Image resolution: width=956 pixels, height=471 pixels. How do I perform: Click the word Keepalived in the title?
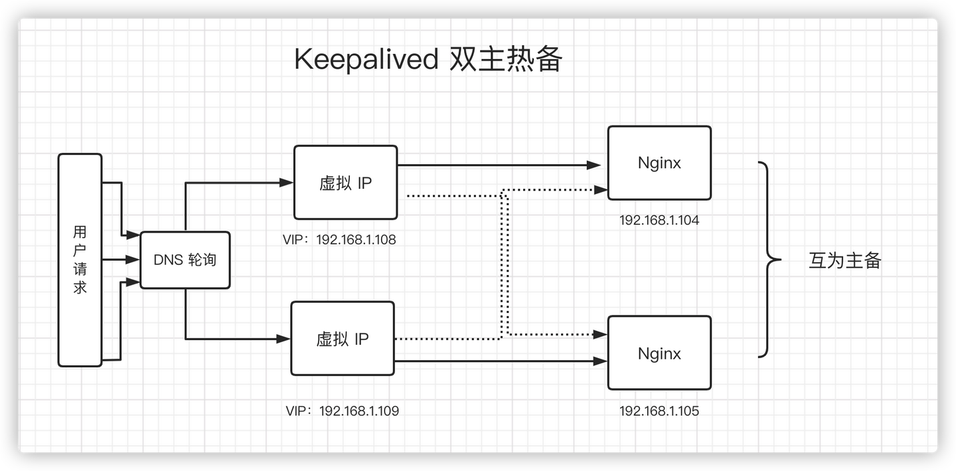tap(366, 60)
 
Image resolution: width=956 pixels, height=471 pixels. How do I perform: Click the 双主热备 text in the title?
tap(506, 60)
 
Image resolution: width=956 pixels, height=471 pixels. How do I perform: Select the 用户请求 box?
tap(80, 260)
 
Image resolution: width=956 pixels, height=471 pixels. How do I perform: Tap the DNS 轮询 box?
tap(185, 260)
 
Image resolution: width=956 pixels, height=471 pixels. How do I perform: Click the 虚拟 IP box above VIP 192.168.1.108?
tap(345, 183)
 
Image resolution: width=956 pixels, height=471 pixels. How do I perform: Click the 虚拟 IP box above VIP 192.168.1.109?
tap(343, 339)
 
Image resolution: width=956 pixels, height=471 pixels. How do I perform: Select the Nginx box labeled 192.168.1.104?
tap(659, 163)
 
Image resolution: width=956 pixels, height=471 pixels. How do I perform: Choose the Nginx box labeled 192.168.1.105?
tap(659, 353)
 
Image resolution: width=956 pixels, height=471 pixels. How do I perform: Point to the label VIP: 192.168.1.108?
tap(339, 240)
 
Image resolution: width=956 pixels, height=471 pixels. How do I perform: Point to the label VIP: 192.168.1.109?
tap(343, 411)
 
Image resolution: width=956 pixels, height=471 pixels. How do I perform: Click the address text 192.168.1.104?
tap(659, 220)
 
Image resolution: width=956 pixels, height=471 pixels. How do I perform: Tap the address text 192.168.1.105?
tap(659, 411)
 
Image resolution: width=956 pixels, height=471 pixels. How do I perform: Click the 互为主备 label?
tap(844, 260)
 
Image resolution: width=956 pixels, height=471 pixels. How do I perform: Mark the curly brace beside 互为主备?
tap(769, 260)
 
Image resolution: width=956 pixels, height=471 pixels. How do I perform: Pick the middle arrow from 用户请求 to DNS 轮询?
tap(121, 260)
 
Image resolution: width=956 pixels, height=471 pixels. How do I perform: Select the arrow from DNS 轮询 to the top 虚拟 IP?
tap(239, 182)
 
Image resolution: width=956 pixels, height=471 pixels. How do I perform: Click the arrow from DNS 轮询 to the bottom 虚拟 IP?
tap(239, 339)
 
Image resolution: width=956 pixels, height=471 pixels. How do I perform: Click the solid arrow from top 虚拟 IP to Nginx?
tap(498, 164)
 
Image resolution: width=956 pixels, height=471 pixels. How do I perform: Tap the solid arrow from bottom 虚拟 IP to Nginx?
tap(498, 361)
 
